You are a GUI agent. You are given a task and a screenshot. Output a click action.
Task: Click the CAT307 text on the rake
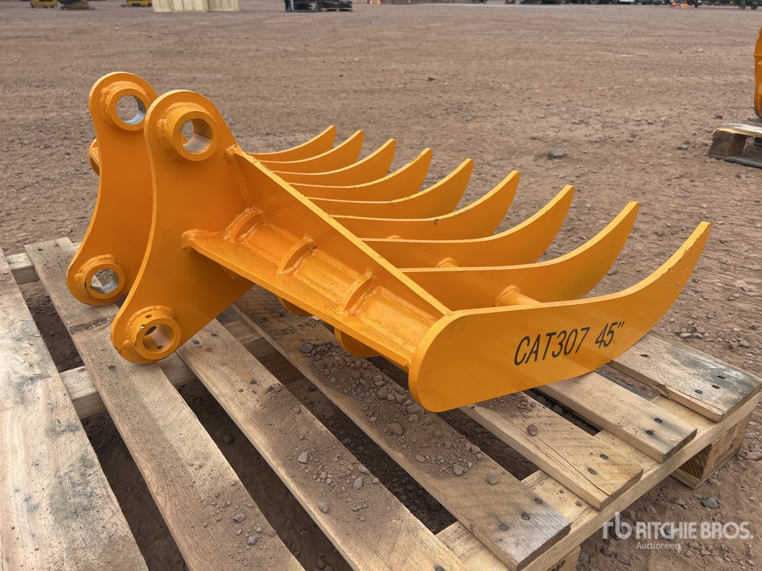pyautogui.click(x=551, y=345)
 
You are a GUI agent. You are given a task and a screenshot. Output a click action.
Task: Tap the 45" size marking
pyautogui.click(x=609, y=334)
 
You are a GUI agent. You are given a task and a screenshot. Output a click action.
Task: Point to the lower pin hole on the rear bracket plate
pyautogui.click(x=103, y=280)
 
